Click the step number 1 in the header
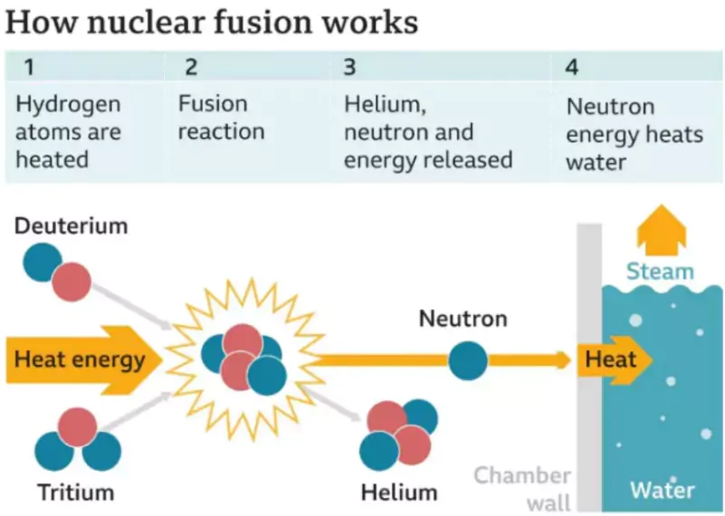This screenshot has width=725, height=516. [x=30, y=67]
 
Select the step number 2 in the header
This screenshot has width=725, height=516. [x=190, y=67]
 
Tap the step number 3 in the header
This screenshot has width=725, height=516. [x=349, y=67]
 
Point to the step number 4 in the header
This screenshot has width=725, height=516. [x=572, y=67]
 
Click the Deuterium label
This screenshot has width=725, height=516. [x=71, y=225]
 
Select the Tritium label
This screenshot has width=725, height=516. [x=76, y=492]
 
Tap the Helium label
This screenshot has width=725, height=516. [x=398, y=492]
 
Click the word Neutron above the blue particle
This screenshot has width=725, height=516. [x=463, y=319]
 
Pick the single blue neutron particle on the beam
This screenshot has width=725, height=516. [x=467, y=359]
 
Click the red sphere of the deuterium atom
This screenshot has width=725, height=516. [x=71, y=282]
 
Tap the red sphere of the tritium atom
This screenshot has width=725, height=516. [x=78, y=427]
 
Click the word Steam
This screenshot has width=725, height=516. [x=660, y=271]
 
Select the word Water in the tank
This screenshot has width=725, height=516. [x=662, y=491]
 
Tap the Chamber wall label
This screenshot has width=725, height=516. [x=523, y=487]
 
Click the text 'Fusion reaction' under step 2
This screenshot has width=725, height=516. [x=221, y=118]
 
